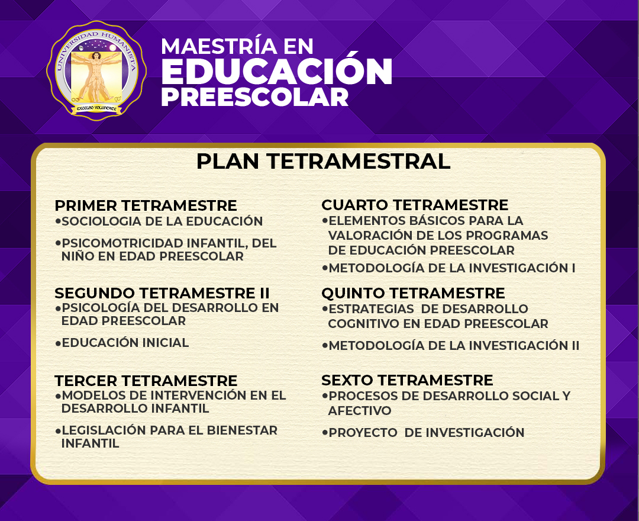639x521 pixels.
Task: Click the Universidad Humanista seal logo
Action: click(x=96, y=70)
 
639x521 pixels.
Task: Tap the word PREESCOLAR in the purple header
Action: click(x=254, y=97)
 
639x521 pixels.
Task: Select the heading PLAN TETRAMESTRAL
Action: click(x=323, y=161)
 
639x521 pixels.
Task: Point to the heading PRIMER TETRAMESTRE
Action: click(x=146, y=205)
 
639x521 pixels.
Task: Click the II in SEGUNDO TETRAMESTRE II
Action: click(x=264, y=293)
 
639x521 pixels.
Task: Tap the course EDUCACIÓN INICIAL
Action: click(x=125, y=342)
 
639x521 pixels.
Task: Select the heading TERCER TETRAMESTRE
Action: click(x=146, y=381)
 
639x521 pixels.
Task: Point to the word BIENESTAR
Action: click(x=242, y=430)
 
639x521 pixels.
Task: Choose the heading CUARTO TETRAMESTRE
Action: click(x=415, y=205)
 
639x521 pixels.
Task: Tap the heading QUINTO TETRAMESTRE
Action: click(x=413, y=293)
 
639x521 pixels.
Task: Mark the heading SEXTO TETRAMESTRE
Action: click(x=407, y=380)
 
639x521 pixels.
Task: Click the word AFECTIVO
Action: click(x=360, y=410)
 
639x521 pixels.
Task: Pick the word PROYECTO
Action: click(x=363, y=433)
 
